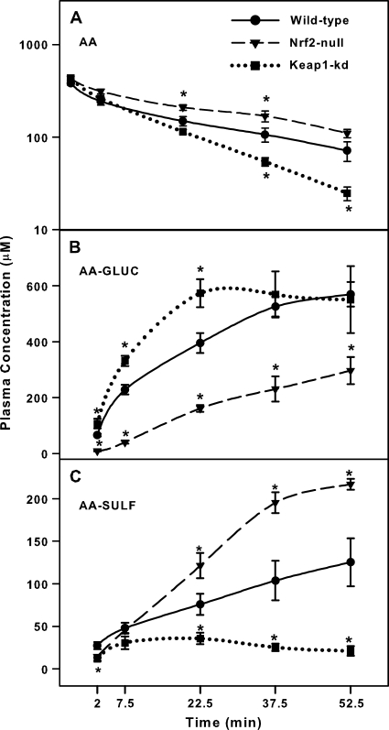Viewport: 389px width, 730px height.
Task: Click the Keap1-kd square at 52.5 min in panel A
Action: [x=348, y=192]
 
